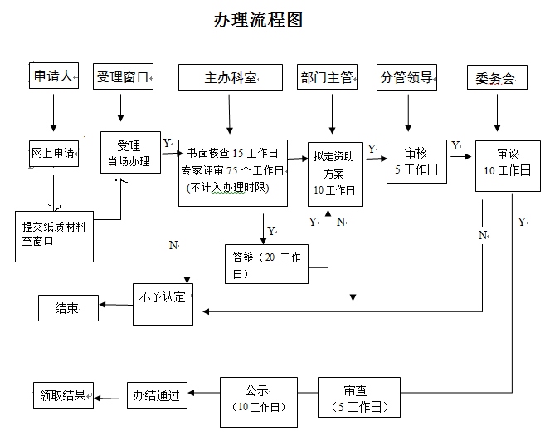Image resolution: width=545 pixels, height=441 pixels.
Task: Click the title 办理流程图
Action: pos(258,20)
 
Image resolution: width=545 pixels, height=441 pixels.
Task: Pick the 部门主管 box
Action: pos(327,78)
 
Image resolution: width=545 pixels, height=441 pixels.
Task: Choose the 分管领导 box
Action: pos(406,78)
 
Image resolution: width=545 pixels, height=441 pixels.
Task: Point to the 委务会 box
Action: pos(496,78)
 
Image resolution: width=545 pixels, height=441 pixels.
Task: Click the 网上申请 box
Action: pos(54,154)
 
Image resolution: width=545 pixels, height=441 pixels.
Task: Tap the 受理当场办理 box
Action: pos(130,154)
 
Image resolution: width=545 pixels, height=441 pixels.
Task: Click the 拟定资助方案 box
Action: pos(333,173)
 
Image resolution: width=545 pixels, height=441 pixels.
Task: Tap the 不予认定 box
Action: pos(163,303)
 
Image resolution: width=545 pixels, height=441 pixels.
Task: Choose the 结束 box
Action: pos(68,308)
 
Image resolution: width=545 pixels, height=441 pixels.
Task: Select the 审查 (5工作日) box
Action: pos(359,397)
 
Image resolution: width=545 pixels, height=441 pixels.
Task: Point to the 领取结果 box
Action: pos(63,395)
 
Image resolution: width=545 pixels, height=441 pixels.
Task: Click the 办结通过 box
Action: pos(157,395)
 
